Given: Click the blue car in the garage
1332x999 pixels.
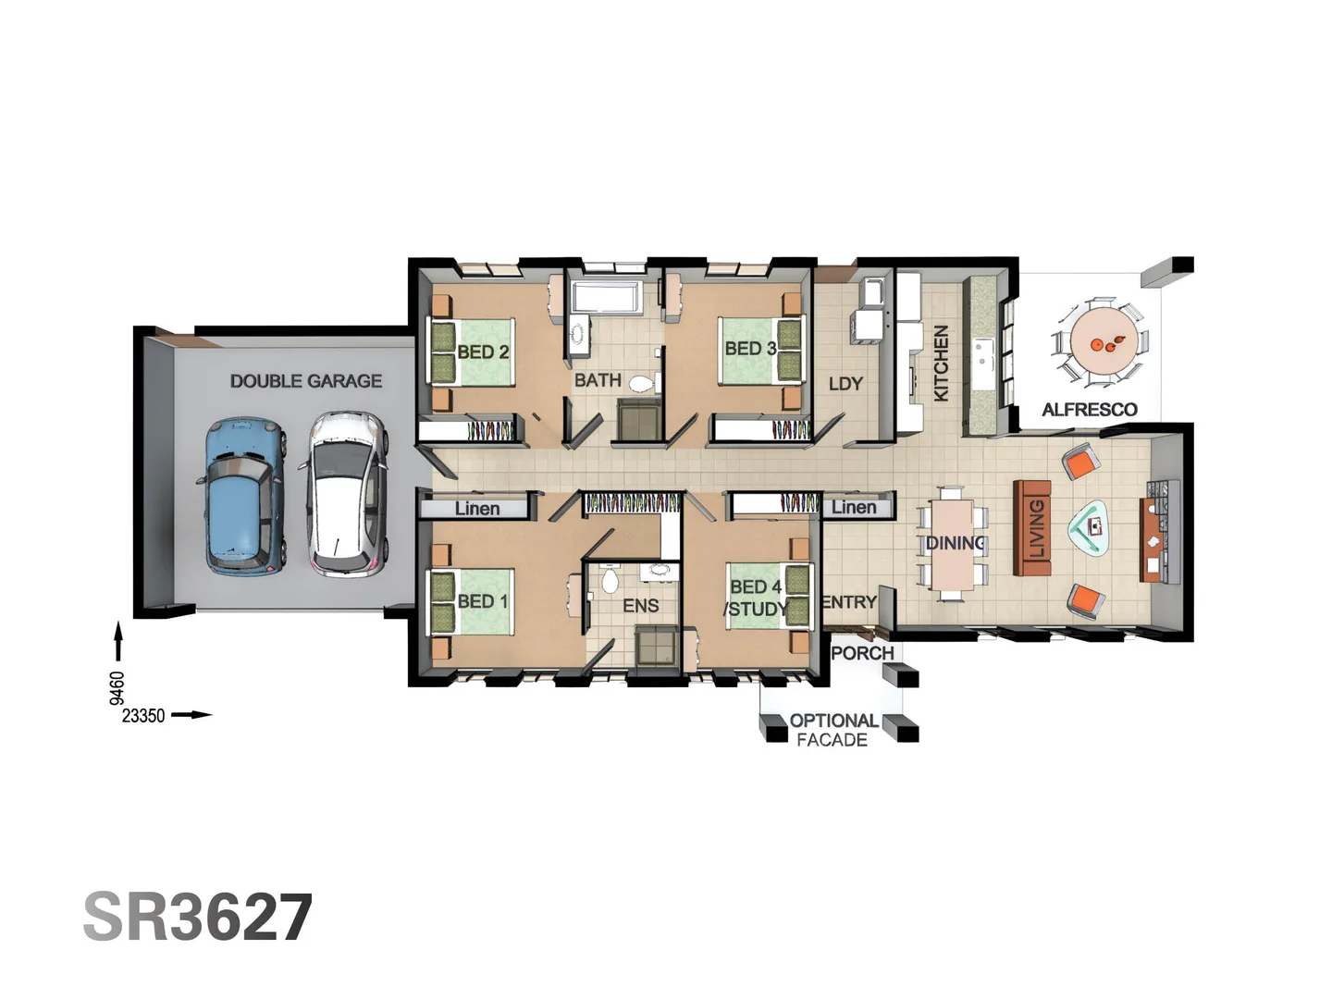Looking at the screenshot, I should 240,495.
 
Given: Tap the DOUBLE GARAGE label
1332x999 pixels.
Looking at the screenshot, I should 305,380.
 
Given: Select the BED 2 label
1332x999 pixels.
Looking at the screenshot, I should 483,351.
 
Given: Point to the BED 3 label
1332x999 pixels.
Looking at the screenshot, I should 750,349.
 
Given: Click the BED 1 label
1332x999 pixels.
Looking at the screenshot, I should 483,601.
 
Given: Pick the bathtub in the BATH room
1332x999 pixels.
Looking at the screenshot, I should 605,298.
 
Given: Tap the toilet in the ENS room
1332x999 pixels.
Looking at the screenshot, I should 610,580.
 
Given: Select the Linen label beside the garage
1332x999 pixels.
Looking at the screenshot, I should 476,508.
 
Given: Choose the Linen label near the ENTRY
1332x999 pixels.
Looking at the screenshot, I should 853,507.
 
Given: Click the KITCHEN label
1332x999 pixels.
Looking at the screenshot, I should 941,363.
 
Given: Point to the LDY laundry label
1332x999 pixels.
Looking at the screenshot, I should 845,383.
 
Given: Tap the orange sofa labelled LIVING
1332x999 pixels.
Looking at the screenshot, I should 1032,527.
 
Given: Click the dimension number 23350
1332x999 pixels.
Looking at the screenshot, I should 143,715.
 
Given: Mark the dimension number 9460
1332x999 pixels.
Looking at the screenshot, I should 117,687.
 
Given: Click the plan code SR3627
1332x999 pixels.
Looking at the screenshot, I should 198,917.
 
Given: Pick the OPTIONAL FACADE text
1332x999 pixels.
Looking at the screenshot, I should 832,730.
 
